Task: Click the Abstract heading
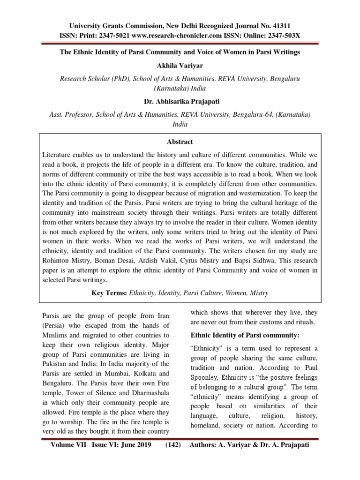pos(180,142)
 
